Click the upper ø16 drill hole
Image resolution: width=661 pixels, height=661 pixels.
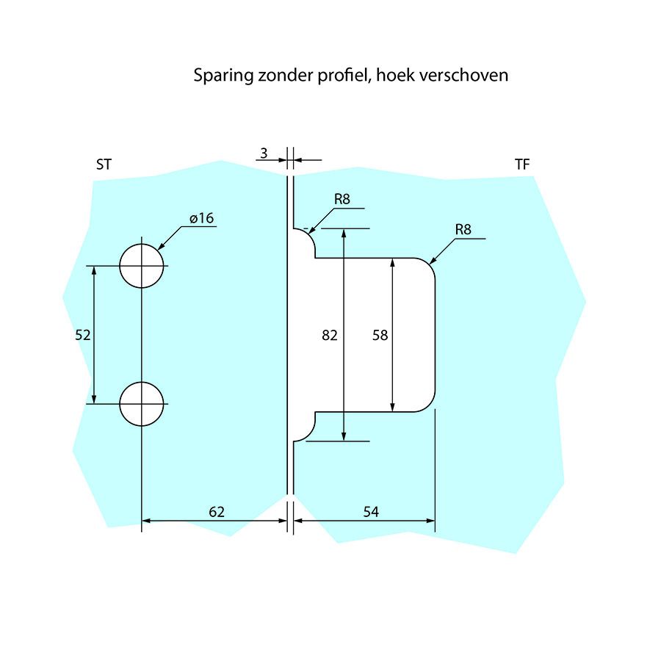click(x=142, y=265)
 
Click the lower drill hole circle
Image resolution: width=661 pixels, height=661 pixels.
click(x=142, y=404)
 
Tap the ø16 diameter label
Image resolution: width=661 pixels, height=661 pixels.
click(x=201, y=218)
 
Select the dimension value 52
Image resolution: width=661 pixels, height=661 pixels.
click(x=83, y=335)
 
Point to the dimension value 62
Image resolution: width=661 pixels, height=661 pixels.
click(x=216, y=511)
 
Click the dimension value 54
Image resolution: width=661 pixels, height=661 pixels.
click(x=371, y=511)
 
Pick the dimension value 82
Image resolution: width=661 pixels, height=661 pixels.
click(x=330, y=335)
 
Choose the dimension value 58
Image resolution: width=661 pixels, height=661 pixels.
click(x=380, y=335)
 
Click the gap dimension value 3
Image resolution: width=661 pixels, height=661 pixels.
click(x=263, y=153)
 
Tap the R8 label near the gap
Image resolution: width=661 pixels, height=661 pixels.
click(x=342, y=199)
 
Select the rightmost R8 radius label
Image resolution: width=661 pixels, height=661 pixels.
click(x=463, y=229)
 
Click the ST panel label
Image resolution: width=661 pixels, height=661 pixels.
click(x=104, y=165)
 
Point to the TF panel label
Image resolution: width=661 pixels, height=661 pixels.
click(x=521, y=165)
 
